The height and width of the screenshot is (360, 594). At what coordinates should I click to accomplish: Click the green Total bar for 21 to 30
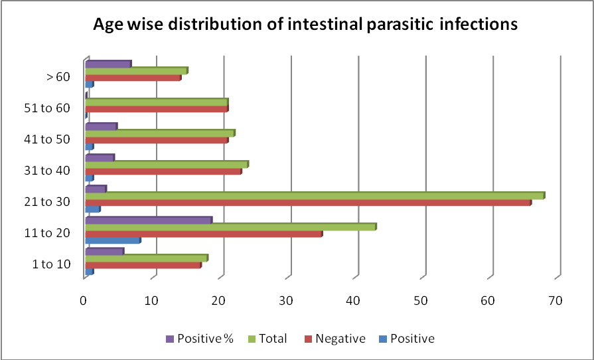point(312,195)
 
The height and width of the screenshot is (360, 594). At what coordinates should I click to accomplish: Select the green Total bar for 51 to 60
point(155,102)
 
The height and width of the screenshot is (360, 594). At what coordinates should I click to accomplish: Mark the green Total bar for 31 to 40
point(165,164)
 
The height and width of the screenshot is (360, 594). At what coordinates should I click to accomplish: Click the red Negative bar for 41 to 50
point(155,139)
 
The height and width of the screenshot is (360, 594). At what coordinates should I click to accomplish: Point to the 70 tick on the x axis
point(556,301)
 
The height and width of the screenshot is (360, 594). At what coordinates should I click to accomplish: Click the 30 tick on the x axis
point(287,301)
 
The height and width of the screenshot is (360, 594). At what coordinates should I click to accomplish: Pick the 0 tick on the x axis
point(84,301)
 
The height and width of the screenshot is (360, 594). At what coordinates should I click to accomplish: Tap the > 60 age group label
point(58,77)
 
